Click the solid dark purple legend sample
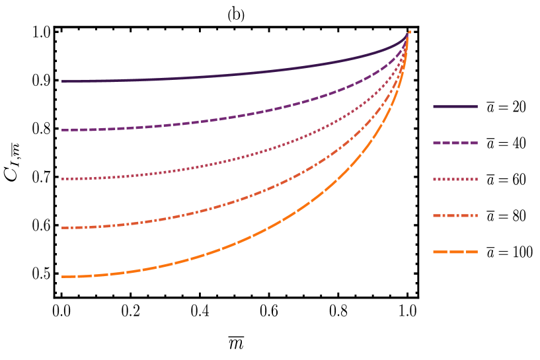(455, 106)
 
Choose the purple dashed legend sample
(455, 143)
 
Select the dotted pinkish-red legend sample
(455, 179)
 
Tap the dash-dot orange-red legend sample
(455, 215)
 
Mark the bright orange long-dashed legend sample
(455, 252)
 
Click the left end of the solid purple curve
(63, 81)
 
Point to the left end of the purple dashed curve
(63, 130)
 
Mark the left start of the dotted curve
(63, 179)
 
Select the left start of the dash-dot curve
(63, 228)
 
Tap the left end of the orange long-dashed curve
(63, 277)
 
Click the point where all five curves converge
(408, 32)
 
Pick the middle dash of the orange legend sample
(455, 252)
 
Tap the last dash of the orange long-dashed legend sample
(472, 252)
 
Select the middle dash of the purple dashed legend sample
(455, 143)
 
